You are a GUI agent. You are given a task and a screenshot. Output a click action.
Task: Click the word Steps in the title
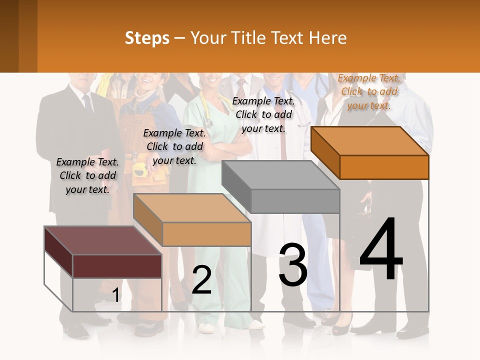click(x=147, y=38)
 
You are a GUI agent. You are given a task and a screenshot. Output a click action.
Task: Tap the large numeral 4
click(x=381, y=249)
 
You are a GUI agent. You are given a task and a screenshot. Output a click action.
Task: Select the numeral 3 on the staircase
click(x=293, y=265)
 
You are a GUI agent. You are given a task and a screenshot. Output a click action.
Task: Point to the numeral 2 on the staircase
click(x=201, y=280)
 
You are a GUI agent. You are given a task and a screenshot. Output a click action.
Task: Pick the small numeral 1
click(x=116, y=295)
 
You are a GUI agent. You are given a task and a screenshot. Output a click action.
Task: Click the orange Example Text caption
click(x=369, y=91)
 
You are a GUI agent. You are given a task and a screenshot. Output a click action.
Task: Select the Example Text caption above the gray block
click(x=263, y=114)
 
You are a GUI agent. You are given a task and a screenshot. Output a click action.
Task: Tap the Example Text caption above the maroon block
click(x=87, y=175)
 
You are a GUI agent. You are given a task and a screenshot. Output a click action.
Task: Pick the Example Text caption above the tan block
click(x=174, y=146)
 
